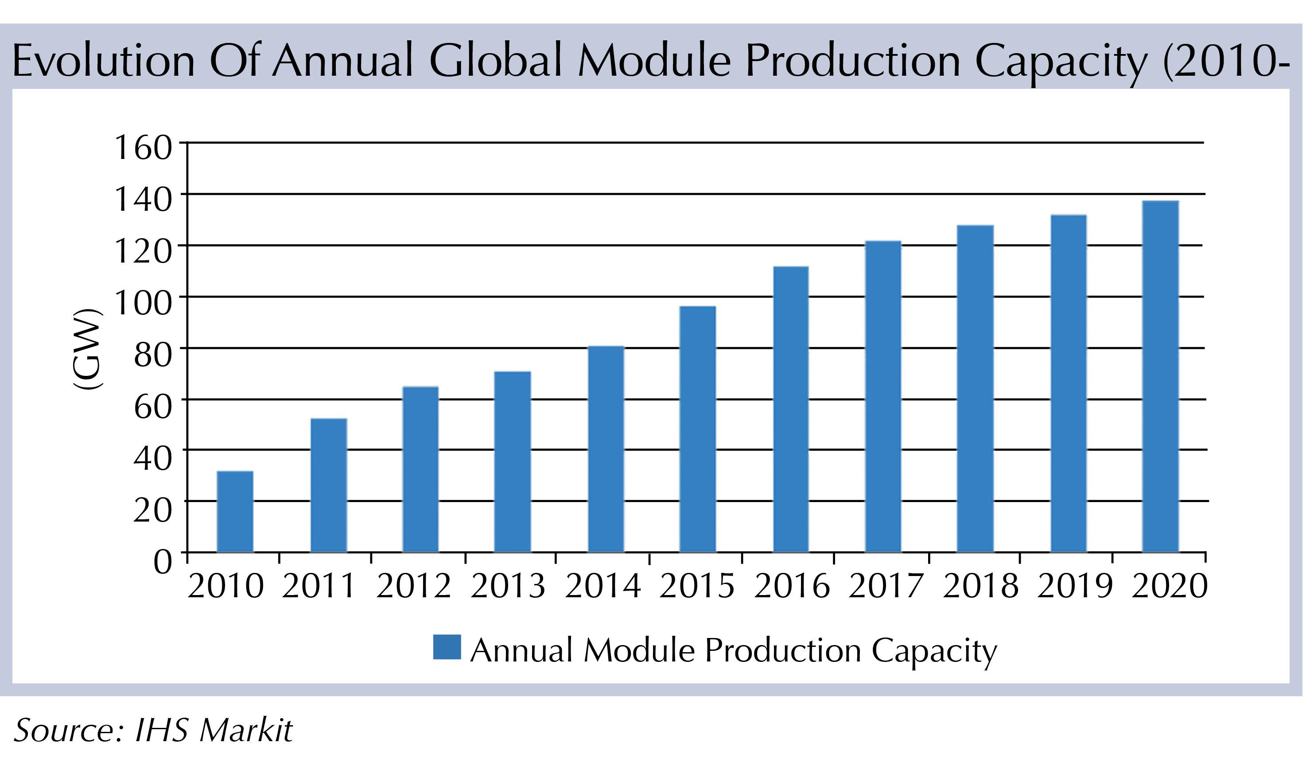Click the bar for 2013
click(513, 462)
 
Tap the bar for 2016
click(790, 410)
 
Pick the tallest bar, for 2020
click(1160, 377)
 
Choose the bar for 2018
click(975, 389)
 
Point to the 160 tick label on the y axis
click(143, 147)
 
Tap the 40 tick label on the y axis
click(153, 458)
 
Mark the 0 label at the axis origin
click(162, 561)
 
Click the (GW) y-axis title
click(87, 348)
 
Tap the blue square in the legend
click(447, 647)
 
